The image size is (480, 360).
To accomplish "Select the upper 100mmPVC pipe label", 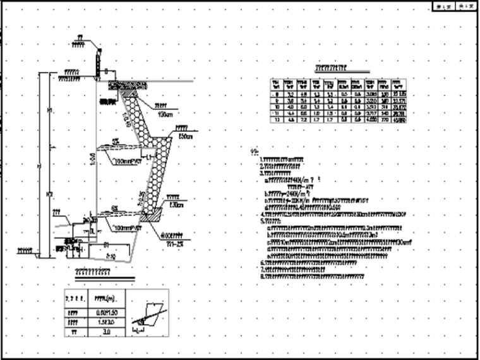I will tap(130, 162).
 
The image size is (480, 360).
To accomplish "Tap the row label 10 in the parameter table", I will tap(275, 107).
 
